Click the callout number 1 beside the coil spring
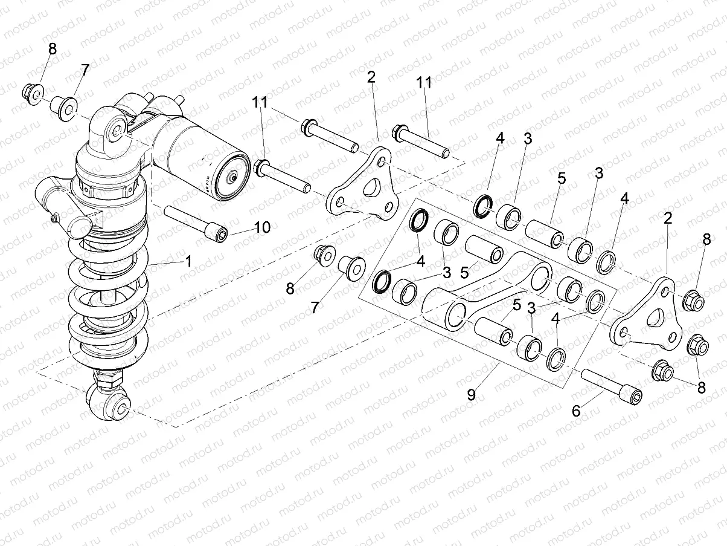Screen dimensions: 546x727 [188, 262]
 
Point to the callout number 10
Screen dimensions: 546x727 [262, 227]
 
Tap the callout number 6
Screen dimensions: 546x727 [576, 411]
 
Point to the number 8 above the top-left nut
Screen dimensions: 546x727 [53, 50]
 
